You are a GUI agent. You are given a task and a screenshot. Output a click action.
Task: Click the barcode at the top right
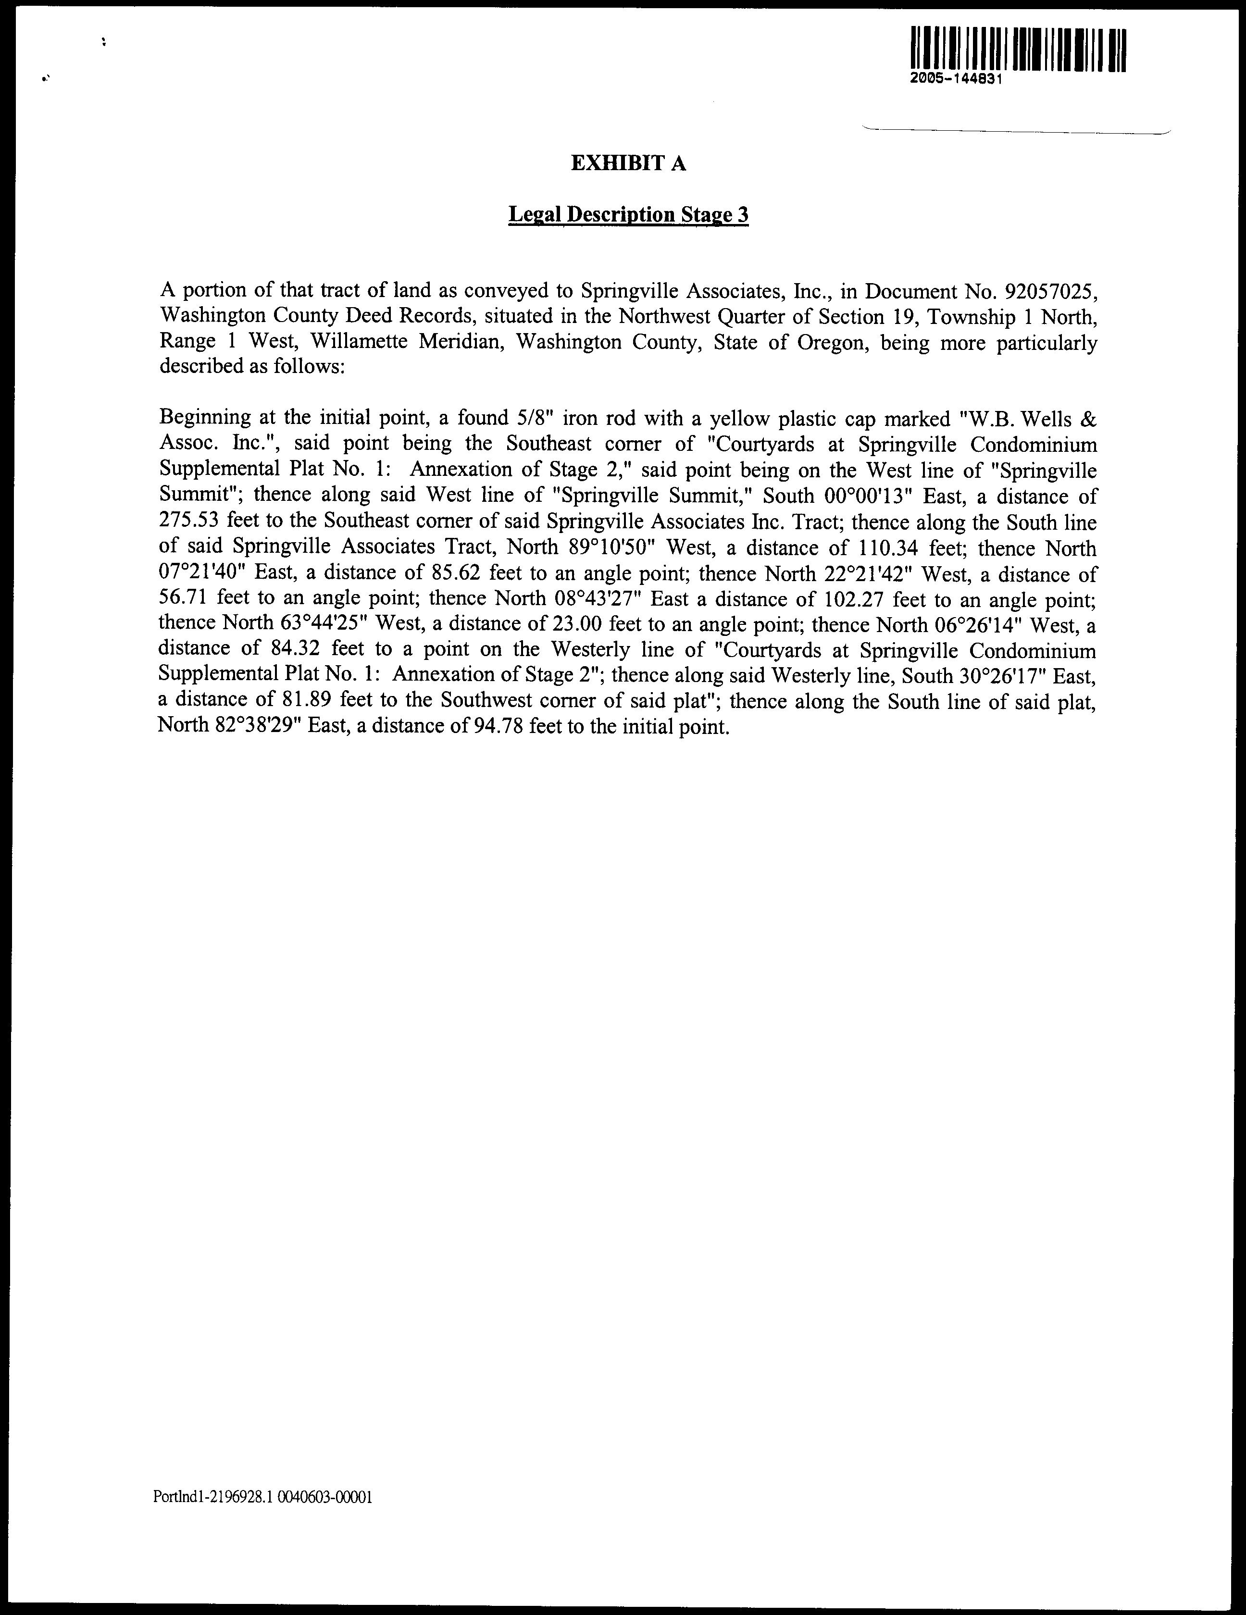click(1019, 50)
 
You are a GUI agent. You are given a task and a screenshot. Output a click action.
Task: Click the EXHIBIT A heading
click(629, 163)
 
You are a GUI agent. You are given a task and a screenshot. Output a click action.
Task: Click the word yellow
click(736, 419)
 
